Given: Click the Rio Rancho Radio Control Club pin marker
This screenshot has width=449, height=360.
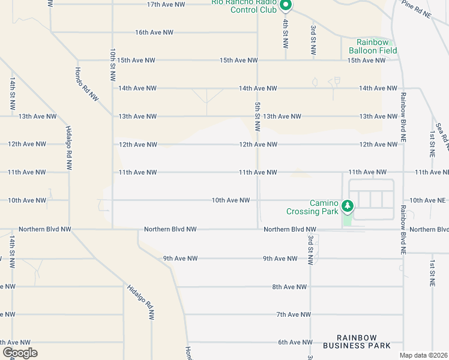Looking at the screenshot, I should coord(286,6).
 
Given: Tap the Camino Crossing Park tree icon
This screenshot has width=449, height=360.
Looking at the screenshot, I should coord(347,207).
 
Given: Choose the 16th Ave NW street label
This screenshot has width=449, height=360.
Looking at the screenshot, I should coord(154,32).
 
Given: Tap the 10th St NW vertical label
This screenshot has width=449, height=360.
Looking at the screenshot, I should coord(112,65).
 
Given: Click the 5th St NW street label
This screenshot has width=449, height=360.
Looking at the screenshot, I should coord(258,116).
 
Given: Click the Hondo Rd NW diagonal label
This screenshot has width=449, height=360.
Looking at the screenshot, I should coord(86,84).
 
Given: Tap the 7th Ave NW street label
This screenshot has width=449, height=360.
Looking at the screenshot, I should coord(294,314).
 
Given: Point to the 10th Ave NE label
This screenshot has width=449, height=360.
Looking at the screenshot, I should coord(427,200).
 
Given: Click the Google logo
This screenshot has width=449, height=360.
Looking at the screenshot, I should coord(20,353).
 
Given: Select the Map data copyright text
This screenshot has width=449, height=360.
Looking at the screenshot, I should coord(424,355).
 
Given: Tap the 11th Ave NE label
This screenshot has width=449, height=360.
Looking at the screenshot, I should coord(431,172).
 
